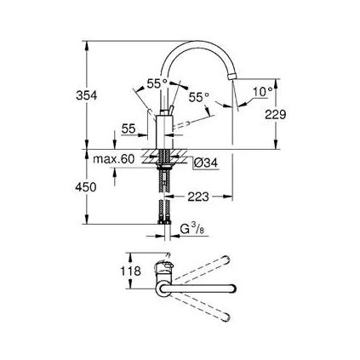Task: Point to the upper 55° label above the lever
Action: click(x=157, y=83)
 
